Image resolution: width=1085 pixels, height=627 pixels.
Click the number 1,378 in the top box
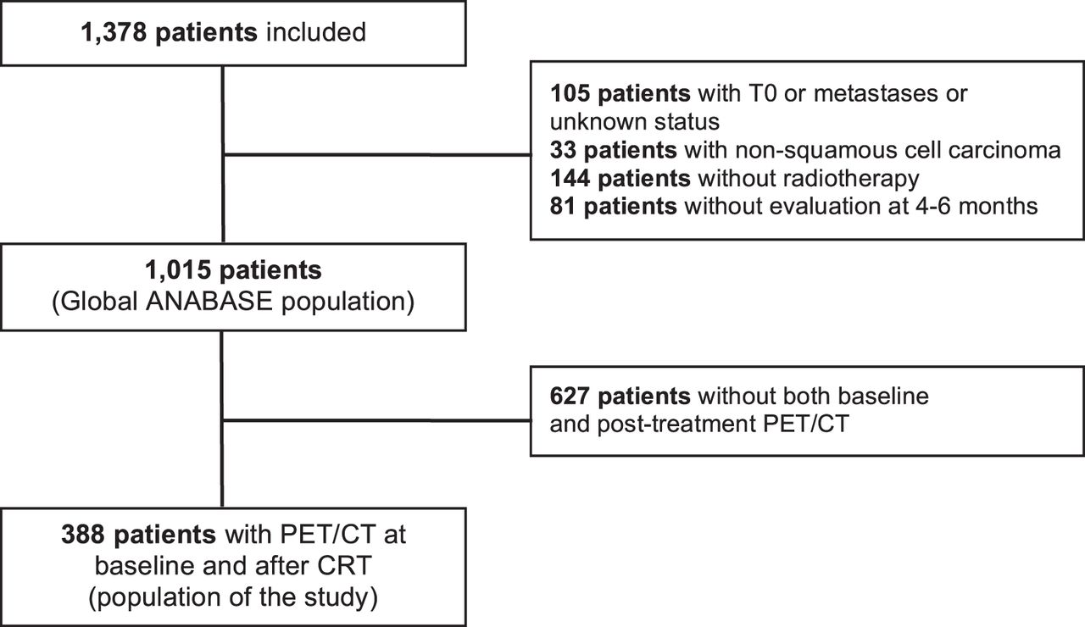pyautogui.click(x=114, y=33)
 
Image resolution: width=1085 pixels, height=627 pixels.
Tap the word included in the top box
pyautogui.click(x=316, y=32)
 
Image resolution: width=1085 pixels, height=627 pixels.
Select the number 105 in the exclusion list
pyautogui.click(x=570, y=93)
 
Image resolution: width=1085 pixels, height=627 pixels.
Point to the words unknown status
pyautogui.click(x=635, y=121)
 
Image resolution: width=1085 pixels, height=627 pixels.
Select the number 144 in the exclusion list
pyautogui.click(x=570, y=178)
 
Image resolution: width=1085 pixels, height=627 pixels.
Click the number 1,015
pyautogui.click(x=178, y=270)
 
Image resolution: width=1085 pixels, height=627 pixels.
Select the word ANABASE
pyautogui.click(x=209, y=302)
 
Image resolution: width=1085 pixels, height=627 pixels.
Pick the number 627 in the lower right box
pyautogui.click(x=570, y=396)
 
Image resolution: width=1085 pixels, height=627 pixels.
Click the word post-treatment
pyautogui.click(x=676, y=424)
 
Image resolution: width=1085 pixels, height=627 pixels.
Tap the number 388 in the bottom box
pyautogui.click(x=83, y=535)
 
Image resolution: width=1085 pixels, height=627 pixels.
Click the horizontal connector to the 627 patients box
pyautogui.click(x=377, y=421)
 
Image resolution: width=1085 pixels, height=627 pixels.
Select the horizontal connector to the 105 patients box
pyautogui.click(x=377, y=155)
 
